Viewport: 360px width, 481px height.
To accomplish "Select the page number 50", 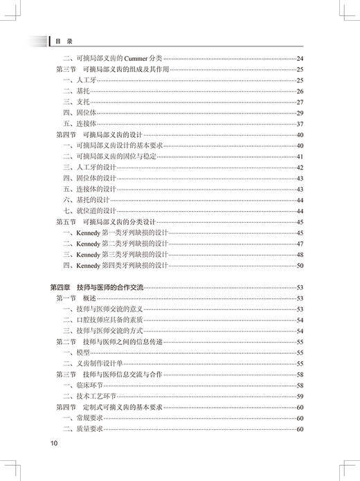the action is tap(300, 264).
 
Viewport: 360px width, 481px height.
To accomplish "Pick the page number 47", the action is tap(300, 243).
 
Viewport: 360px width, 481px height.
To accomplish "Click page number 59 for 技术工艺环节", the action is tap(300, 396).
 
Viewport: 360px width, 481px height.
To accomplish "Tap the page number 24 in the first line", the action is tap(300, 58).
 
